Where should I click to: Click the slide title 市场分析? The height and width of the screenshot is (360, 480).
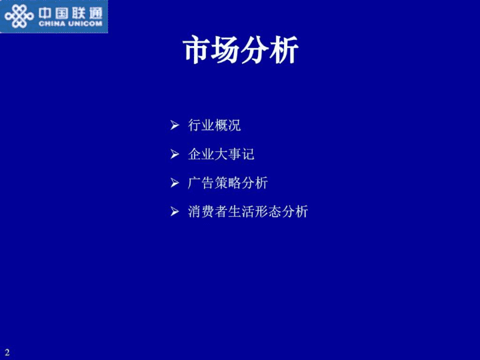241,49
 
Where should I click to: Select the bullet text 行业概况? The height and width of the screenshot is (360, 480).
214,125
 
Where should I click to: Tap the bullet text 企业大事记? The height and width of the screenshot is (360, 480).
221,154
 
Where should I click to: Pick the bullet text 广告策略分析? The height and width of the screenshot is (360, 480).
228,183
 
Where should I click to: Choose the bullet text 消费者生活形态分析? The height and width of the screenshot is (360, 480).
248,211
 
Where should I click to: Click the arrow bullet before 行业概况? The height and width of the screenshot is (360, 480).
175,125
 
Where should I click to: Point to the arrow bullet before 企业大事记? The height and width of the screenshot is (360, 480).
175,154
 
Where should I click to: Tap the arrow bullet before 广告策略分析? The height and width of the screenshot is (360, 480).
175,183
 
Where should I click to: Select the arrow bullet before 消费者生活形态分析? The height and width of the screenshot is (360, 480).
175,211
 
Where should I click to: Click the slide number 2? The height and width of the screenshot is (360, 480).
7,352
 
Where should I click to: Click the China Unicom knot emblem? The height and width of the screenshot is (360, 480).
19,16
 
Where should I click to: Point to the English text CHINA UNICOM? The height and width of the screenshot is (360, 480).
71,24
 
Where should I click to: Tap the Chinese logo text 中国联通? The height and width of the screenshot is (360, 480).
71,13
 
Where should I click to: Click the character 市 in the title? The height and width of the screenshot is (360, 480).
197,50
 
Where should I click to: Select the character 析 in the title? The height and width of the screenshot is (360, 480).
285,50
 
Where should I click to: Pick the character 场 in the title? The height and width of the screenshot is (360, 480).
226,50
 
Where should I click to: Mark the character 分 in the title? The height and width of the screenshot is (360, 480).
255,50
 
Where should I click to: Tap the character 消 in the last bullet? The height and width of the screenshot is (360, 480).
195,211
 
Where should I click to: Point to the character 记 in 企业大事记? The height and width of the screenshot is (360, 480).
248,154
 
